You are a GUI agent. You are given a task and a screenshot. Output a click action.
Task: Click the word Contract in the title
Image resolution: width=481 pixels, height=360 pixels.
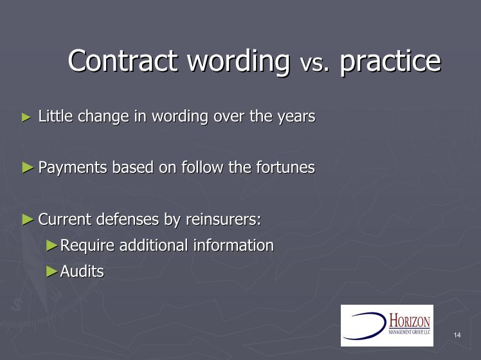pyautogui.click(x=123, y=60)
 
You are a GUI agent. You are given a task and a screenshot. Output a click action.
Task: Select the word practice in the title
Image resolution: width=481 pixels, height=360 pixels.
pyautogui.click(x=390, y=62)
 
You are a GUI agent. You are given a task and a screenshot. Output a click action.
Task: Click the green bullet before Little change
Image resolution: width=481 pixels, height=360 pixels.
pyautogui.click(x=27, y=118)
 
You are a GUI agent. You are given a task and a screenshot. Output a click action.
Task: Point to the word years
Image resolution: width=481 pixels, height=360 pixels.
pyautogui.click(x=296, y=117)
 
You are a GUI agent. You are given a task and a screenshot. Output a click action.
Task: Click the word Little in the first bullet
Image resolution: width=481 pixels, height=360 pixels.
pyautogui.click(x=55, y=116)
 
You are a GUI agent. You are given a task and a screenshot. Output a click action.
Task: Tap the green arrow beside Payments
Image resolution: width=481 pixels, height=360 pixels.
pyautogui.click(x=28, y=168)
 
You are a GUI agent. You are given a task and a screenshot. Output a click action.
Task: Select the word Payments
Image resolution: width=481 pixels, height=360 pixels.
pyautogui.click(x=73, y=168)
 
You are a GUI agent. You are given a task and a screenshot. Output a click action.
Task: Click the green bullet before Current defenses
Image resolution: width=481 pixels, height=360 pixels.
pyautogui.click(x=28, y=220)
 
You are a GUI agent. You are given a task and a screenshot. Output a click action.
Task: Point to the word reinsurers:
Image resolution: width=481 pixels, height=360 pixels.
pyautogui.click(x=224, y=219)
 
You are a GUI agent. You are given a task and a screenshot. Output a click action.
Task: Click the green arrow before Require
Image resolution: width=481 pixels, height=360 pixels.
pyautogui.click(x=52, y=246)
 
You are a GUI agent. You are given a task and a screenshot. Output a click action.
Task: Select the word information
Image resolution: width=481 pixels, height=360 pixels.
pyautogui.click(x=233, y=246)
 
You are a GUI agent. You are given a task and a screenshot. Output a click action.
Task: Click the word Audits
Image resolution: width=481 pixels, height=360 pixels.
pyautogui.click(x=82, y=271)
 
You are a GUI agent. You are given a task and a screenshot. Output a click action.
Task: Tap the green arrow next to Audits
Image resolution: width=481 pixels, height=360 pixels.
pyautogui.click(x=52, y=271)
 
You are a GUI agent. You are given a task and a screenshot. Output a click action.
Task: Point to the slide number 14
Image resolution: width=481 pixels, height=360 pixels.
pyautogui.click(x=457, y=335)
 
